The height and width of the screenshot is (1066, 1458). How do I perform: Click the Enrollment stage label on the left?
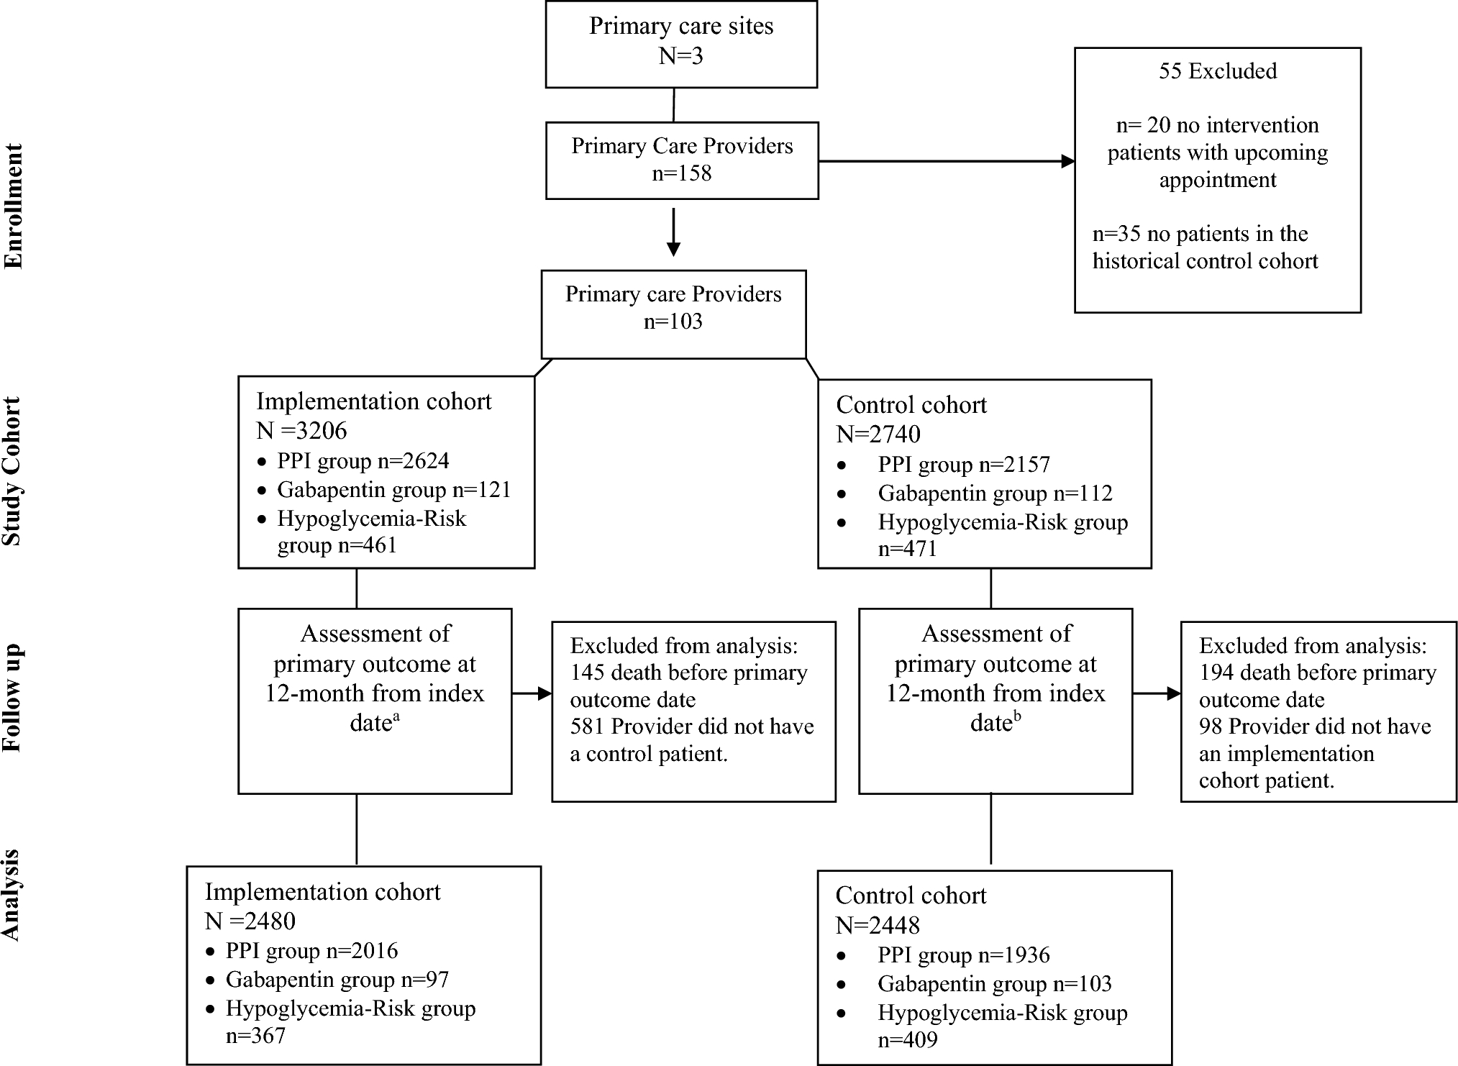(14, 206)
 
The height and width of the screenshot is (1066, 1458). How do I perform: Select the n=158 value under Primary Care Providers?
(681, 173)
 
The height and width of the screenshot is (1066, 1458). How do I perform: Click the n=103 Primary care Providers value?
(673, 322)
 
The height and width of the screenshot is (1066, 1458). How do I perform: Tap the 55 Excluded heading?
(1217, 71)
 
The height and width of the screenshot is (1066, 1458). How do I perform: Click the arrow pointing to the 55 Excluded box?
(1067, 161)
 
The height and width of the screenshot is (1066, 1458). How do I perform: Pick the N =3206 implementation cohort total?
(301, 431)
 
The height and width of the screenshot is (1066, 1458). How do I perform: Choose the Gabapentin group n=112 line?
(994, 493)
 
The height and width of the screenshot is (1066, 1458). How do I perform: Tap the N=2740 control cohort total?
(878, 434)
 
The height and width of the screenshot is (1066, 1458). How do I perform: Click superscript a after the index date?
(396, 716)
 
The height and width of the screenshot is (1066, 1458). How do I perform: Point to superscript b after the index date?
(1016, 716)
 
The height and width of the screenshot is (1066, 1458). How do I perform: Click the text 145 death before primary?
(688, 673)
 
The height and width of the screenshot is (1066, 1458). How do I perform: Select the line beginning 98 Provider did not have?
(1314, 726)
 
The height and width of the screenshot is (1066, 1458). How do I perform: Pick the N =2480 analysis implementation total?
(250, 921)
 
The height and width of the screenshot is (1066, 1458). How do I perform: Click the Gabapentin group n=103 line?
(994, 984)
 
